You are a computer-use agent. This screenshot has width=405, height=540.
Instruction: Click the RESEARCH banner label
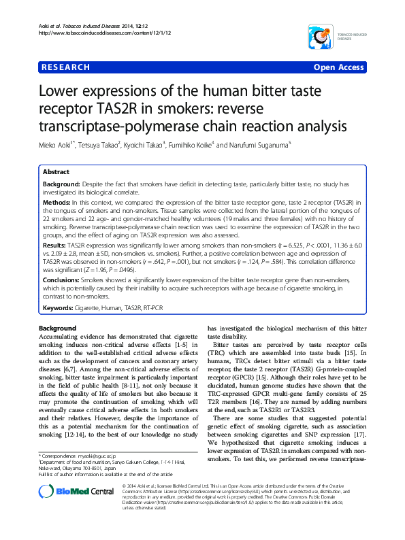click(x=65, y=67)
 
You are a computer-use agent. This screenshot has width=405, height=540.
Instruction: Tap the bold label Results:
click(x=55, y=243)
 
